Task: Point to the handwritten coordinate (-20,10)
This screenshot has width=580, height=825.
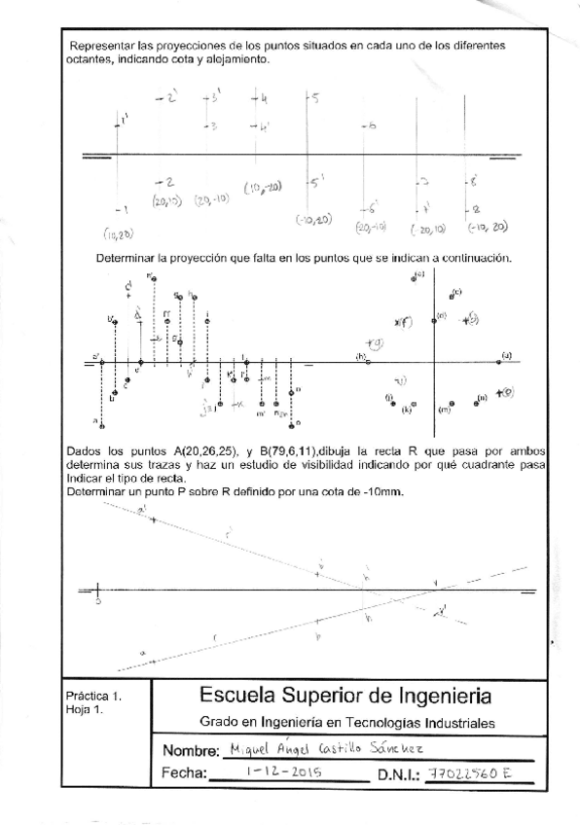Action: click(x=428, y=230)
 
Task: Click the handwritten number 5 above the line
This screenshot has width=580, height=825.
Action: click(x=315, y=97)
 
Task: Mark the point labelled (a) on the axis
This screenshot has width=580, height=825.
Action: click(x=500, y=362)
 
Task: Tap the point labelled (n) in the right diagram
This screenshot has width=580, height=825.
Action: click(x=476, y=400)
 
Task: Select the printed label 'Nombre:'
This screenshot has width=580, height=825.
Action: click(x=191, y=753)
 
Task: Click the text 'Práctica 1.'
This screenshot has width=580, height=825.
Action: click(x=94, y=698)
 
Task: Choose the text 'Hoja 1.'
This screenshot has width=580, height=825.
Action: click(x=85, y=710)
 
